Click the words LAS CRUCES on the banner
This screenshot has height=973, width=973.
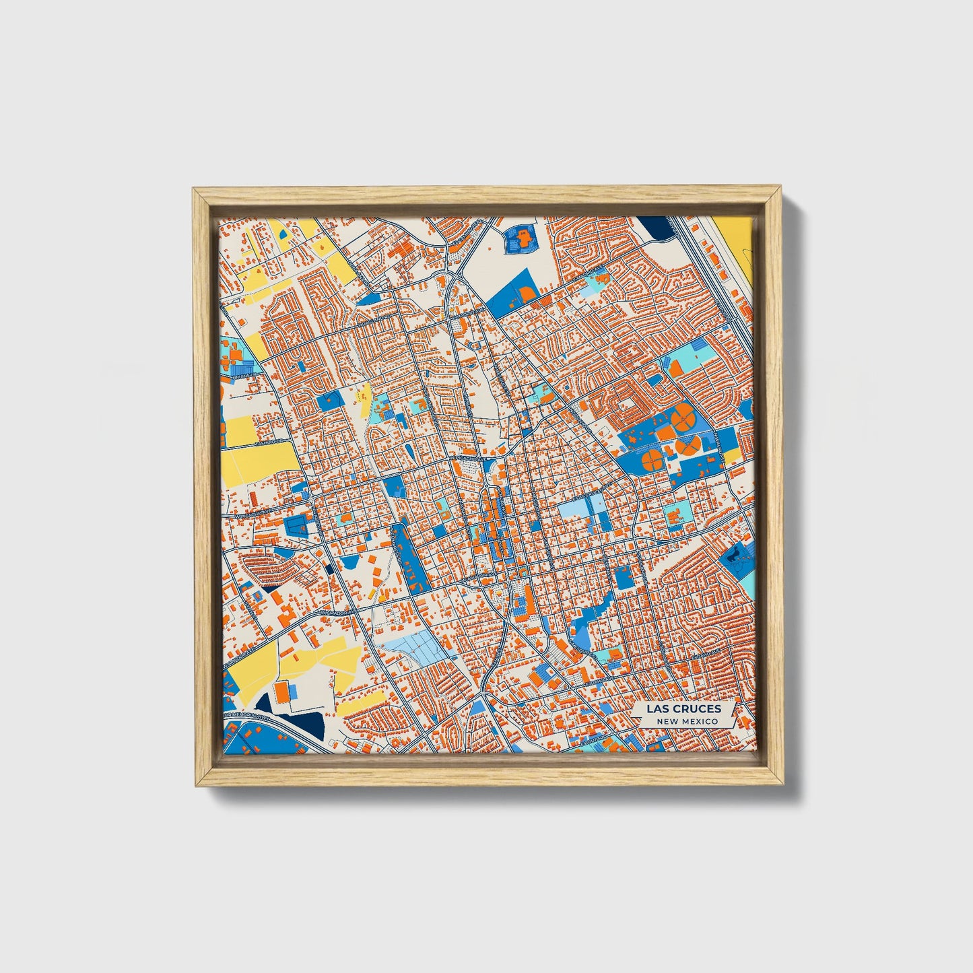pos(683,708)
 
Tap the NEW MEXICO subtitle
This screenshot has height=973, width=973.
pos(687,721)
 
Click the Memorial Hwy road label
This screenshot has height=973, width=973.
pos(246,716)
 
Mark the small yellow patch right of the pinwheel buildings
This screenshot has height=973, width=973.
pos(731,456)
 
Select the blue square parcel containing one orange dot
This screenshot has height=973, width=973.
pos(330,400)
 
